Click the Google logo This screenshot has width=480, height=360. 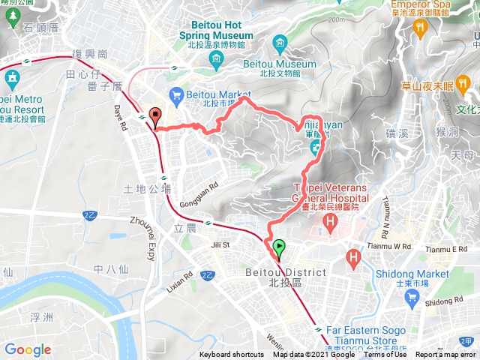(x=28, y=349)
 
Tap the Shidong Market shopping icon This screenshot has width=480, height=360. (x=412, y=298)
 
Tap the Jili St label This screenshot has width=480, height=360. (x=220, y=244)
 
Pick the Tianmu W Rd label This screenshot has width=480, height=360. (x=391, y=246)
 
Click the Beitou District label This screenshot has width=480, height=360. (x=286, y=273)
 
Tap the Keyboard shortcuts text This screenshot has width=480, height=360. (x=231, y=355)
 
